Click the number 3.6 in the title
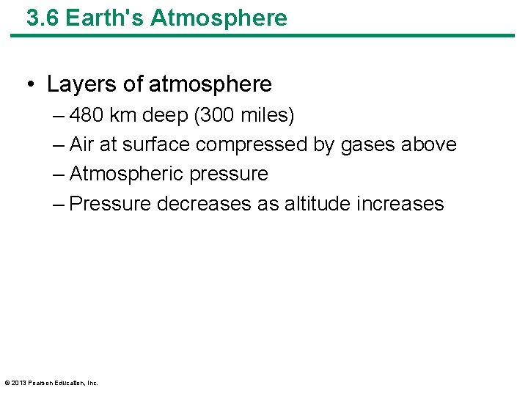43,18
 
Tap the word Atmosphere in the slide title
219,18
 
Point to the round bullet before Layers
31,85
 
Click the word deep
166,116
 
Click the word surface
156,145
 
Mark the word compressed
252,145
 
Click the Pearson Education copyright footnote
51,382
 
